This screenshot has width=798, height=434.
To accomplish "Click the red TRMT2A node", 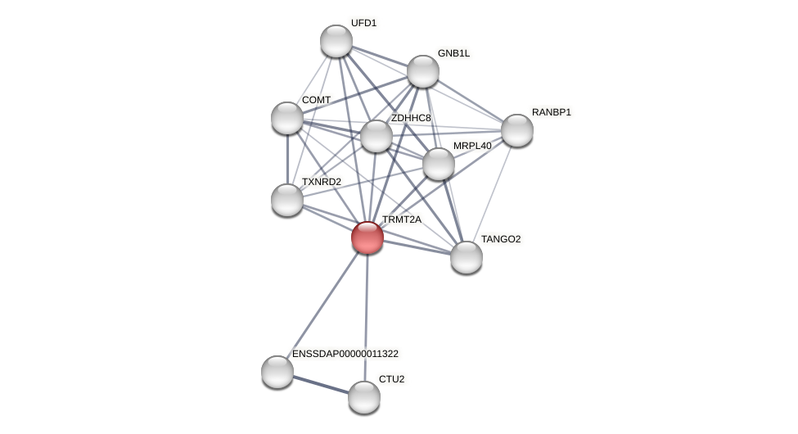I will [x=367, y=237].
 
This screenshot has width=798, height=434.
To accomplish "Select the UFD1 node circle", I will [x=336, y=41].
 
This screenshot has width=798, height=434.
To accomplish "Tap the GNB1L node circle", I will [x=423, y=71].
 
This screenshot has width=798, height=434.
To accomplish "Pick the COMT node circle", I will [x=287, y=118].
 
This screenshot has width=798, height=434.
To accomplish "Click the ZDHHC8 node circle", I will [x=376, y=136].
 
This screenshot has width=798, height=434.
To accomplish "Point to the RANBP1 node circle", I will [x=517, y=130].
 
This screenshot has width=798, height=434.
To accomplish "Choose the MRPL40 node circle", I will [x=439, y=164].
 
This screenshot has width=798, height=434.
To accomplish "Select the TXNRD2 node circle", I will [x=287, y=200].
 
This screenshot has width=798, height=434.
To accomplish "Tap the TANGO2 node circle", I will [x=467, y=257].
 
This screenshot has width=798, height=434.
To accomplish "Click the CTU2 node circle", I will [x=364, y=397].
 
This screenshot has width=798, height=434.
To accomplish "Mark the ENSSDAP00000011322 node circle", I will [x=277, y=372].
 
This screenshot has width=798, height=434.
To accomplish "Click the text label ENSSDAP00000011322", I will [x=345, y=354].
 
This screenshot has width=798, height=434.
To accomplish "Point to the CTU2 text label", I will [x=391, y=379].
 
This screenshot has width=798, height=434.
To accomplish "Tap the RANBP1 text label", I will [x=551, y=112].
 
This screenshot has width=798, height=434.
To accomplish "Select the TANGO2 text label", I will [x=500, y=239].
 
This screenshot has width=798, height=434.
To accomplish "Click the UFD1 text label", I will [x=363, y=23].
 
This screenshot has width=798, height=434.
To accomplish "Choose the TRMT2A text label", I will [x=401, y=219].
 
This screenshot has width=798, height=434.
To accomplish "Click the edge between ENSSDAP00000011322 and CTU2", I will [x=321, y=385].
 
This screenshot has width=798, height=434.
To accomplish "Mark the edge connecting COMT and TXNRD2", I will [x=287, y=159].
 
